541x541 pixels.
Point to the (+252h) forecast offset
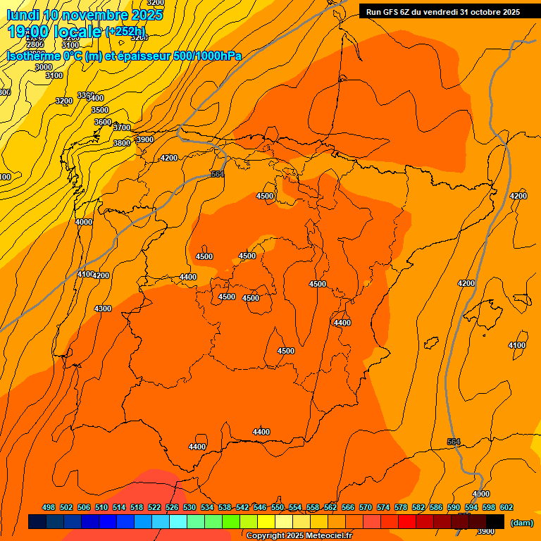click(125, 32)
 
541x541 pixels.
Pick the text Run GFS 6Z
click(388, 11)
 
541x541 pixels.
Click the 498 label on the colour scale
click(49, 507)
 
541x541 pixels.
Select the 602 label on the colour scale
click(506, 507)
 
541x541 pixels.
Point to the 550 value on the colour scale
click(278, 507)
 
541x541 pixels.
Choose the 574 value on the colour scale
click(383, 507)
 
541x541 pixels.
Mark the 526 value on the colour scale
click(172, 507)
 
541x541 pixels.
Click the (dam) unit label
click(521, 522)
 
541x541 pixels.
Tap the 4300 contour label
click(103, 309)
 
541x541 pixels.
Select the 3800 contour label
click(122, 143)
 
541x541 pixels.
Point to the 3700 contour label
click(122, 128)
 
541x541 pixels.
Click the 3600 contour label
click(103, 122)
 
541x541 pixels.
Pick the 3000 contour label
click(44, 67)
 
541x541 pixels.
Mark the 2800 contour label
click(35, 44)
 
